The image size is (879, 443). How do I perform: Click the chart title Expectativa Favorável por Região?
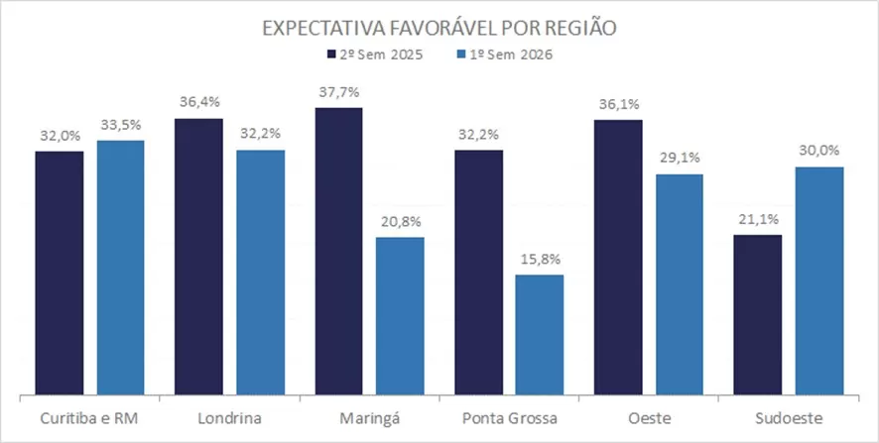(x=439, y=27)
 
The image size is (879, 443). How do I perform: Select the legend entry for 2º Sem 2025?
(x=376, y=55)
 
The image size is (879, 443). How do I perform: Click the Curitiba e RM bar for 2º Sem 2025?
(x=60, y=274)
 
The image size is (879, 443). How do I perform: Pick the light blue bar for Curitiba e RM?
(x=120, y=269)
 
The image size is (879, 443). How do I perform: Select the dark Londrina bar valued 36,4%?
(x=198, y=258)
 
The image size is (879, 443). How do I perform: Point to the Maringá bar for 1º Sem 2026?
(x=400, y=316)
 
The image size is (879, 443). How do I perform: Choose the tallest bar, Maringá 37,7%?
(x=338, y=252)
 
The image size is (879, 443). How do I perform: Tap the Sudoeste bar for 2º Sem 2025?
(x=757, y=315)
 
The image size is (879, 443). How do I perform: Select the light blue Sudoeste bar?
(x=818, y=281)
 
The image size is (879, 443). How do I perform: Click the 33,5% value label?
(x=121, y=125)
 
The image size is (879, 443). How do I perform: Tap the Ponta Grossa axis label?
(x=509, y=418)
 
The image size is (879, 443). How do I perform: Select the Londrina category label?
(x=229, y=418)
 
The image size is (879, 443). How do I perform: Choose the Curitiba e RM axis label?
(x=89, y=418)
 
